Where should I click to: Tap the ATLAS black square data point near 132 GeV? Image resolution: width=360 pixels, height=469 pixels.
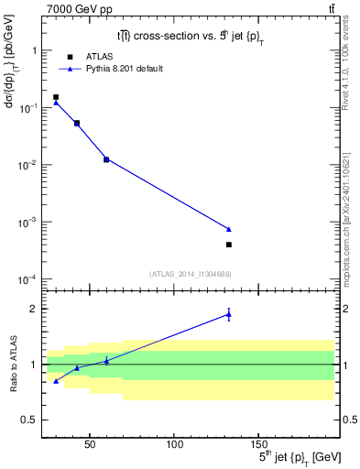228,245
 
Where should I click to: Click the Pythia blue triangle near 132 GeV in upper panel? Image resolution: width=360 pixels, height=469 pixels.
228,229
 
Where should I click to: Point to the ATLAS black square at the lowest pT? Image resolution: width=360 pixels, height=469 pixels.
56,97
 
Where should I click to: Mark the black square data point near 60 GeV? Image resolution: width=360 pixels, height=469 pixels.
106,159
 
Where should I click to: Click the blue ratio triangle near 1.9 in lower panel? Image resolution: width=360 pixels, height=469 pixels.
228,315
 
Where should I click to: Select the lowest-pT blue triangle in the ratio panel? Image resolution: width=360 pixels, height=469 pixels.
56,381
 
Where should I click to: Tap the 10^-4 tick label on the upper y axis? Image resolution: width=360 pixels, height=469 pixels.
30,278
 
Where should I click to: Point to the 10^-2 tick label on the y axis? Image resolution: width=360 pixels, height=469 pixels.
30,165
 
